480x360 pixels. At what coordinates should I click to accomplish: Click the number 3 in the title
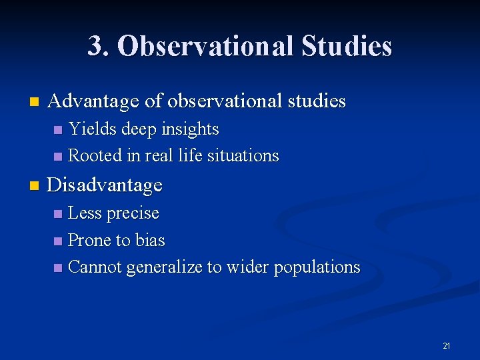click(95, 47)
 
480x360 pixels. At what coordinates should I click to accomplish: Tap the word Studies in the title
click(347, 47)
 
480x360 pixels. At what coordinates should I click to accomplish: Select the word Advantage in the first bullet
click(94, 101)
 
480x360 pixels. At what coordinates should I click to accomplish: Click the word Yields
click(92, 129)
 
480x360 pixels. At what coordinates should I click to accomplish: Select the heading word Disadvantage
click(105, 185)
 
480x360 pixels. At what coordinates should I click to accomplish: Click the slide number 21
click(446, 345)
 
